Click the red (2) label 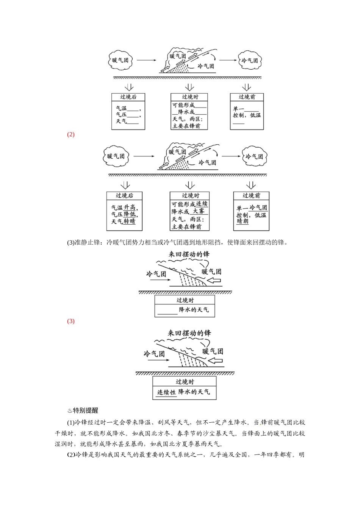tap(71, 134)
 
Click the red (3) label tap(71, 321)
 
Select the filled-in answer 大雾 tap(198, 211)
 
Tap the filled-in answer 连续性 tap(167, 392)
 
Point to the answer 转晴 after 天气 tap(130, 222)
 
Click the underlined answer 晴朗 tap(243, 221)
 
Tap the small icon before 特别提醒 tap(69, 411)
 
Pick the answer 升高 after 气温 tap(130, 207)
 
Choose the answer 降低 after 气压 tap(130, 214)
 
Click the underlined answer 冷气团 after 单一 tap(258, 208)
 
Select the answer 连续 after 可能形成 tap(202, 204)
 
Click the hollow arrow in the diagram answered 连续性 tap(216, 360)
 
